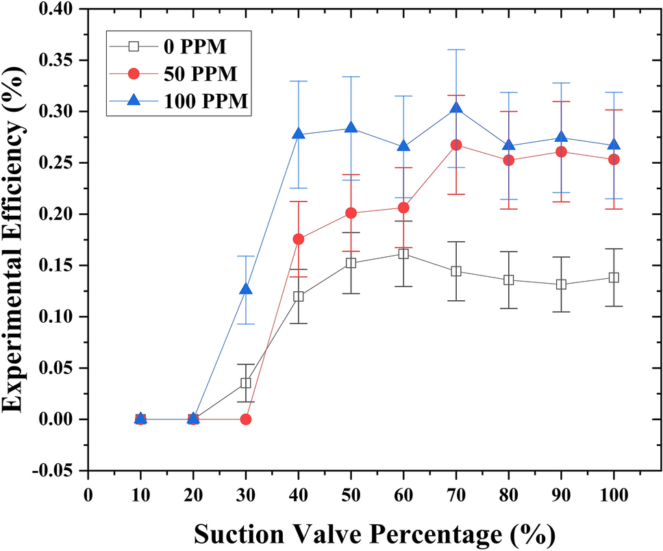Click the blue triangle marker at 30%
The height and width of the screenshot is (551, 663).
[246, 290]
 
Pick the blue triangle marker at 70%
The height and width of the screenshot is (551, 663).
[456, 108]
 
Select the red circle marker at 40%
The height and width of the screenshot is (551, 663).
[299, 239]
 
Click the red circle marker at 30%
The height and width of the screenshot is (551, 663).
[246, 419]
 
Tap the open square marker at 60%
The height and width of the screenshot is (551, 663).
[403, 254]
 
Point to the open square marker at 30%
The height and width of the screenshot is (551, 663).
[246, 383]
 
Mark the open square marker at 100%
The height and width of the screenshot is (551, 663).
[614, 278]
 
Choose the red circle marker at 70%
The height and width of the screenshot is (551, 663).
[456, 145]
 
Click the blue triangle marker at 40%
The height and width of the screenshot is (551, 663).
[299, 134]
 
